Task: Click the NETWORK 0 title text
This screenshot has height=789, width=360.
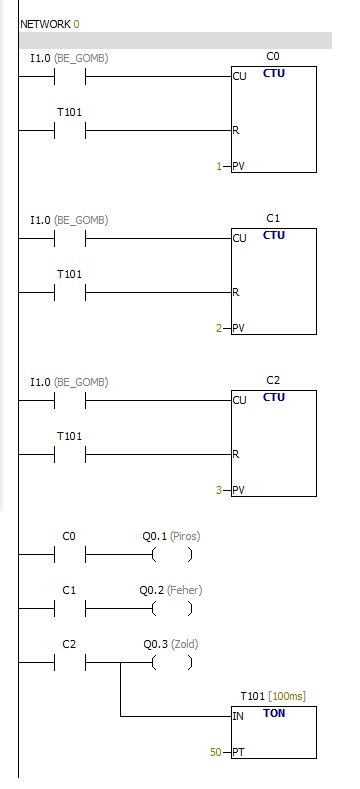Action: click(50, 24)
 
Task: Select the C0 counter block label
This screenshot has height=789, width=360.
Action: click(272, 56)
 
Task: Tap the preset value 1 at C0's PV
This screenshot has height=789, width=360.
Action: click(219, 167)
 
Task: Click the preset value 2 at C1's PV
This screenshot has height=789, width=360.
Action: click(219, 329)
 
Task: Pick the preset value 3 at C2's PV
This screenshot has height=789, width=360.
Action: click(219, 490)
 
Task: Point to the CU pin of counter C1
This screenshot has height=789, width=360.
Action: click(240, 238)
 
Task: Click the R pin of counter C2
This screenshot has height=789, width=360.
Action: click(236, 454)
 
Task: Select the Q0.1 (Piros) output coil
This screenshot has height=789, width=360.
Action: click(172, 555)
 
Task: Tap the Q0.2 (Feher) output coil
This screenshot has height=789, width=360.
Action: click(172, 609)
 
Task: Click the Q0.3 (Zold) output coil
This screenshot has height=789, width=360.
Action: click(172, 663)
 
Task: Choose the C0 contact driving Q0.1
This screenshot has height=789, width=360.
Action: click(69, 555)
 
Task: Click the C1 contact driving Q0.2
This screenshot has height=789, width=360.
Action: click(69, 609)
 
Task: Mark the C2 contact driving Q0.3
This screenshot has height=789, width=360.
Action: click(69, 663)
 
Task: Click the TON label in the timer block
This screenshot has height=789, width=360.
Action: click(274, 713)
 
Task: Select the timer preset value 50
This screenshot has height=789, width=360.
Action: click(215, 752)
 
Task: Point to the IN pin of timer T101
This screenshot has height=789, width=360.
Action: click(238, 716)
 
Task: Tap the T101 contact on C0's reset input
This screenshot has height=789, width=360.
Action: click(69, 131)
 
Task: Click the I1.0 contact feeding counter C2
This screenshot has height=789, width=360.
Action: click(69, 401)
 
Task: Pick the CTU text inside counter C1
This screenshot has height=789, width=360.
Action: click(274, 235)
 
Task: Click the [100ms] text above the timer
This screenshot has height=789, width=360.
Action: click(286, 696)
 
